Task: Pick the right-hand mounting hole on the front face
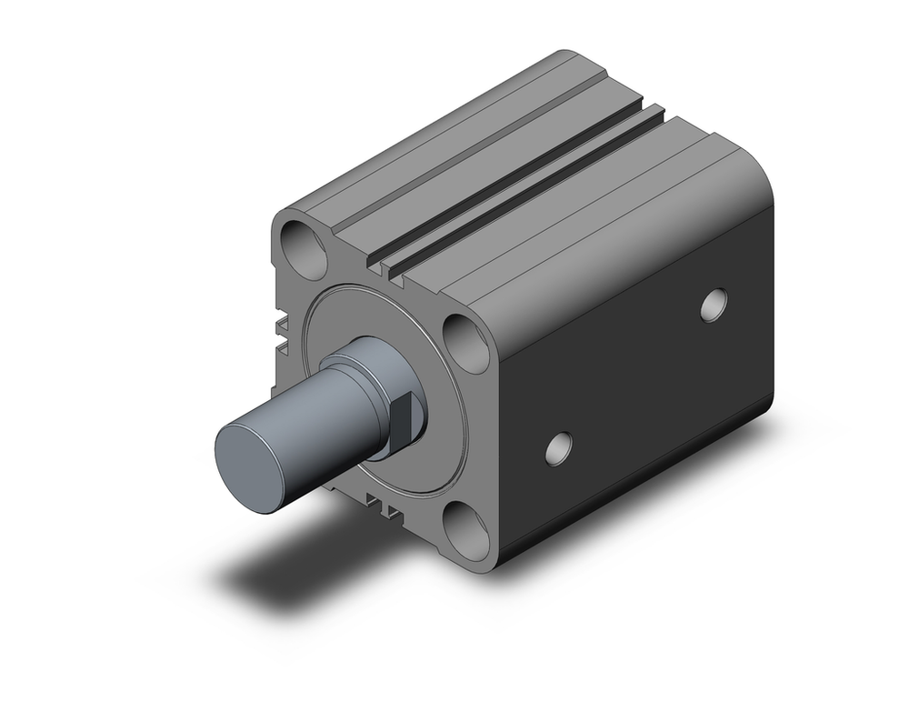(467, 342)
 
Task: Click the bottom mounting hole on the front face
(466, 531)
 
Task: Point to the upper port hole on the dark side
(714, 306)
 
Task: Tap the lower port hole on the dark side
(558, 447)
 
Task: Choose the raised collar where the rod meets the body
(364, 364)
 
